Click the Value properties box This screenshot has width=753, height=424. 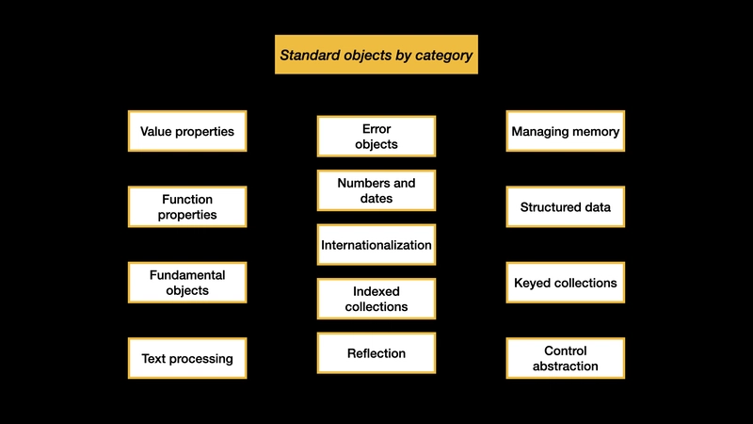tap(187, 131)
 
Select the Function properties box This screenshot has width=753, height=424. tap(187, 207)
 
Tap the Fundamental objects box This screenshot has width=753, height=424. tap(187, 283)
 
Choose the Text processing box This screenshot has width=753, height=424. tap(187, 358)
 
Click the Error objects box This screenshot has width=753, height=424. tap(376, 137)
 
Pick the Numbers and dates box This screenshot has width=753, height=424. tap(376, 190)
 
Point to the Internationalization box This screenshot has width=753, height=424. tap(376, 245)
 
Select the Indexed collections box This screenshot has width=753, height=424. tap(376, 299)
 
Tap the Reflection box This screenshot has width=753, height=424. tap(376, 353)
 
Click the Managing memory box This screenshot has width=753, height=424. tap(566, 131)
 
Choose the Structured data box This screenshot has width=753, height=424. tap(566, 207)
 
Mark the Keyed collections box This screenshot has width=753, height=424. tap(566, 283)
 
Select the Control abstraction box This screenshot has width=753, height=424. tap(566, 358)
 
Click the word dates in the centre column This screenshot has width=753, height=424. tap(376, 199)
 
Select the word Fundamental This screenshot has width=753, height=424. tap(187, 275)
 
